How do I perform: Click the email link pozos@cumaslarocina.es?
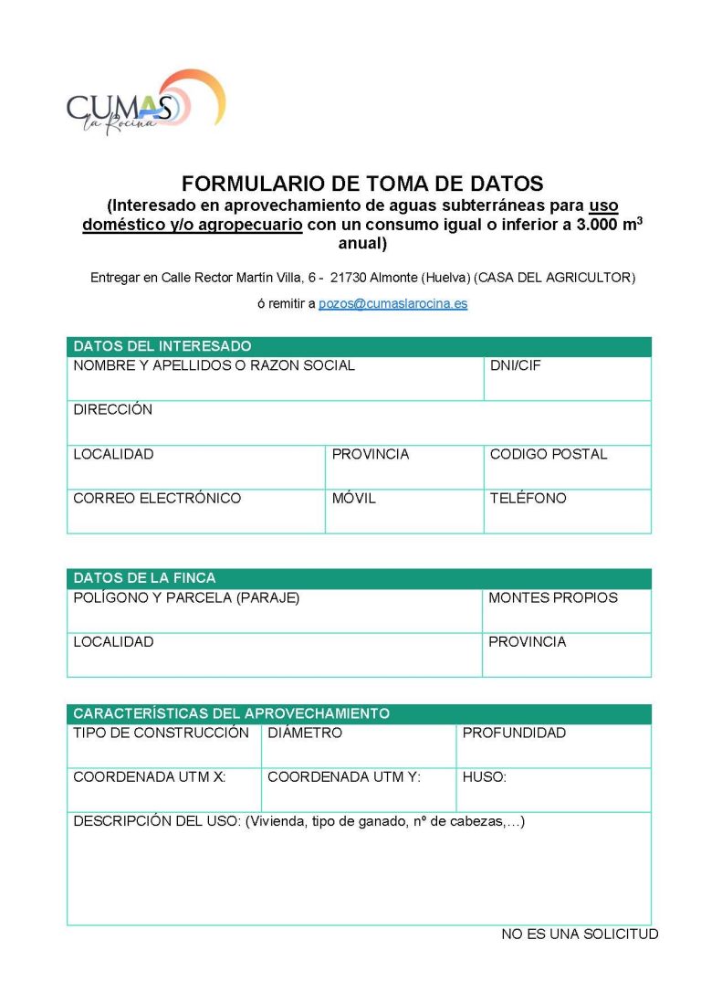[392, 303]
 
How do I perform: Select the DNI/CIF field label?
[517, 365]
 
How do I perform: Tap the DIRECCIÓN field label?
[112, 410]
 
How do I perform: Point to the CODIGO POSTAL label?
[548, 454]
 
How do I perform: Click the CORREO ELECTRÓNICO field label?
[157, 499]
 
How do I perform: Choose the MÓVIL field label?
[353, 499]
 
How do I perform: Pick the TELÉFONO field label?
[528, 499]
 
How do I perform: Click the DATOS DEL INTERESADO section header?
[162, 346]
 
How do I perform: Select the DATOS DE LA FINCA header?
[144, 578]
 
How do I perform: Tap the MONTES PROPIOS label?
[552, 598]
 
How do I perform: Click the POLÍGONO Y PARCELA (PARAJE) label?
[186, 598]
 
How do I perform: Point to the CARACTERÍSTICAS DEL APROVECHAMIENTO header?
[231, 713]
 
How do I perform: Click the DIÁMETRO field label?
[305, 733]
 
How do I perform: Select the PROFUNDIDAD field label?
[514, 733]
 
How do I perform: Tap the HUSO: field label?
[484, 777]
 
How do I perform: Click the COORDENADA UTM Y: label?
[343, 777]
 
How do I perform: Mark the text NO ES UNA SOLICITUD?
[580, 934]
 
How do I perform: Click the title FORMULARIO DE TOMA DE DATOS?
[362, 183]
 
